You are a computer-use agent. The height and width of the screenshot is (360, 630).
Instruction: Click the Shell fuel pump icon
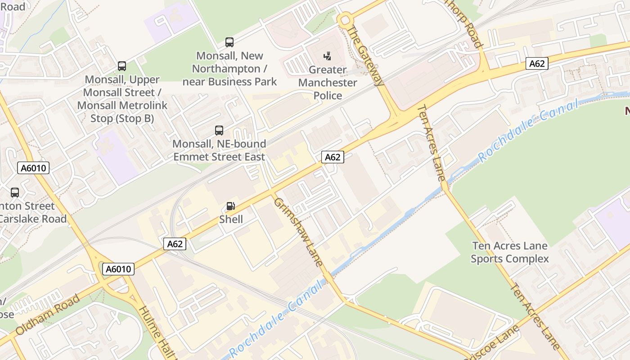tap(230, 206)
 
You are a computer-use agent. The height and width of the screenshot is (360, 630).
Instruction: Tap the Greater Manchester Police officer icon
tap(328, 56)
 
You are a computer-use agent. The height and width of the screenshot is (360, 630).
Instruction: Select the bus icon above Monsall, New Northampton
tap(229, 42)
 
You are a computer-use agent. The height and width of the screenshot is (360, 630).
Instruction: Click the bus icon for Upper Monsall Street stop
tap(122, 66)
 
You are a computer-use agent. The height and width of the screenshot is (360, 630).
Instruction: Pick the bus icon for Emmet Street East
tap(219, 130)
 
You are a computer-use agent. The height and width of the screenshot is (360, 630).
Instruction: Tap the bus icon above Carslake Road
tap(15, 193)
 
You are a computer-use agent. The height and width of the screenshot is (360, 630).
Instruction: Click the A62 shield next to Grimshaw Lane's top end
tap(333, 157)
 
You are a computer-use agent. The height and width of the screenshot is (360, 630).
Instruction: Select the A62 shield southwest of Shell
tap(175, 244)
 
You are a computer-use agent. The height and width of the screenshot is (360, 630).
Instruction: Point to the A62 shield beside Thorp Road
tap(537, 64)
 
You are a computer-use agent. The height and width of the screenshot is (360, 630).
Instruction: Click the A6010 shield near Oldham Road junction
tap(119, 269)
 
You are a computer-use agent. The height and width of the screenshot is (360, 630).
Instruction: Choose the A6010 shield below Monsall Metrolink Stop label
tap(33, 168)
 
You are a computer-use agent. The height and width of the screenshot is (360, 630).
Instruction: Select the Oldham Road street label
tap(47, 315)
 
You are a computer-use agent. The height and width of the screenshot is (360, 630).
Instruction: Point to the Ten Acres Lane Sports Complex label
tap(510, 252)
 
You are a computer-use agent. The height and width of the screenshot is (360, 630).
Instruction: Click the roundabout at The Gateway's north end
tap(345, 19)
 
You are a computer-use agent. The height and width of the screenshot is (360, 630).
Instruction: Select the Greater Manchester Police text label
tap(328, 83)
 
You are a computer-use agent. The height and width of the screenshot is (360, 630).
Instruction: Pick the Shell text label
tap(231, 220)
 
